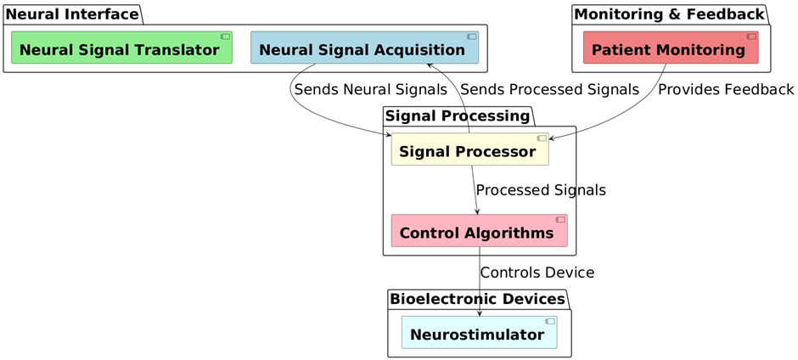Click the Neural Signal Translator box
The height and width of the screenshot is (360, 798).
tap(121, 48)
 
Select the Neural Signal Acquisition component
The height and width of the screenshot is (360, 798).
tap(364, 48)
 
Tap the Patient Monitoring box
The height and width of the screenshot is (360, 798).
tap(671, 48)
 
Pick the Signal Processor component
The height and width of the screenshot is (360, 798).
tap(469, 149)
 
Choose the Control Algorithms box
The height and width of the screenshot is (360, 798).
tap(479, 231)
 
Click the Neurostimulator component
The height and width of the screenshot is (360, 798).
tap(479, 333)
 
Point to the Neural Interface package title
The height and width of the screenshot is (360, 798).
tap(72, 14)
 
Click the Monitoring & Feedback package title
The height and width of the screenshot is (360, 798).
tap(669, 14)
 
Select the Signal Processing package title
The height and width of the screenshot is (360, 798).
tap(457, 116)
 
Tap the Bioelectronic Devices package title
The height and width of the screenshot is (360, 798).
tap(477, 299)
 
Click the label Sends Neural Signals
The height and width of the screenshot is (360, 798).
tap(370, 90)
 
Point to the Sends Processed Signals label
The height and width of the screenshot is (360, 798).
tap(549, 90)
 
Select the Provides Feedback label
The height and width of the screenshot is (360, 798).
tap(726, 90)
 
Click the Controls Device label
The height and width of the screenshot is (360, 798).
tap(537, 273)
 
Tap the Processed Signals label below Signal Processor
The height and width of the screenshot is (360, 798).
tap(541, 190)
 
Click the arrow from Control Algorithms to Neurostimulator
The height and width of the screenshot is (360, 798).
tap(480, 282)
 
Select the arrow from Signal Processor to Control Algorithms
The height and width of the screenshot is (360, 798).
tap(475, 190)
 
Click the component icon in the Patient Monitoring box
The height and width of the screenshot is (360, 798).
tap(751, 37)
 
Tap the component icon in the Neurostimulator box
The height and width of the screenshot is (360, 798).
tap(549, 322)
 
